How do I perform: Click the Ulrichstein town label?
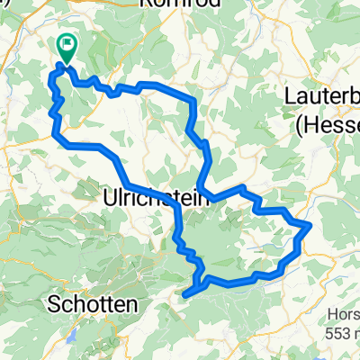coord(157,195)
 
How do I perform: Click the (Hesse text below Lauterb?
coord(327,124)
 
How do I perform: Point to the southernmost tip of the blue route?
coord(186,292)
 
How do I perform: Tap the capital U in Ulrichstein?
coord(111,195)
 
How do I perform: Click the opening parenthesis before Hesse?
coord(299,125)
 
